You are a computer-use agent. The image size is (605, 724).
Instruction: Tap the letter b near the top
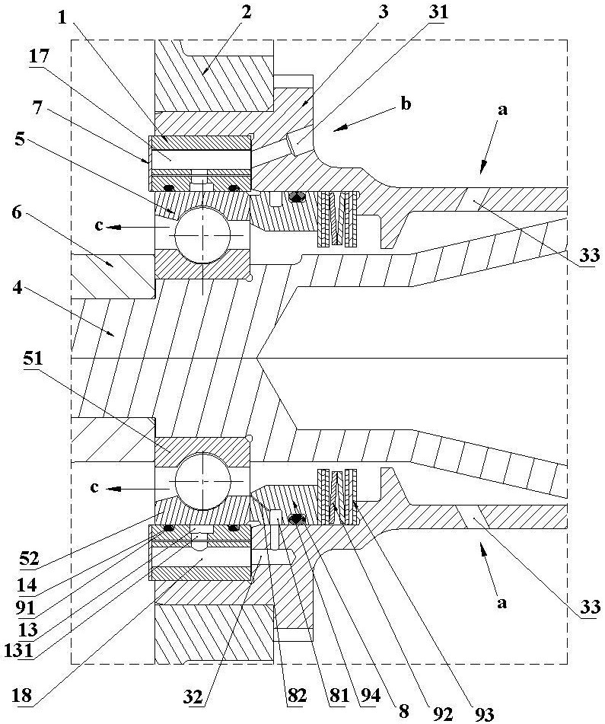pyautogui.click(x=406, y=105)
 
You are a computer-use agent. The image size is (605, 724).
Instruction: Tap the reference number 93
pyautogui.click(x=484, y=713)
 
